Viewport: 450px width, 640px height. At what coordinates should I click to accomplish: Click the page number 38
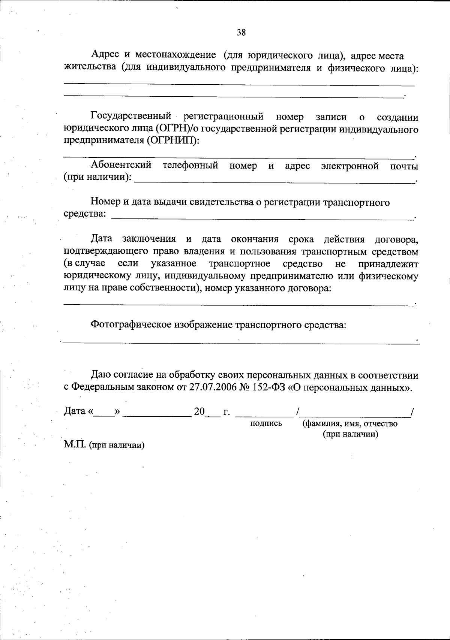241,33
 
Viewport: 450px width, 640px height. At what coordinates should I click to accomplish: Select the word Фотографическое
130,324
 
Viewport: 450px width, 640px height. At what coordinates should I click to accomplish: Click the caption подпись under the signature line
266,424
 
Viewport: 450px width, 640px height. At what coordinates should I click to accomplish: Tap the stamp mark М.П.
75,445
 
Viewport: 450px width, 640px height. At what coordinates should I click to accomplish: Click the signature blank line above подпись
266,416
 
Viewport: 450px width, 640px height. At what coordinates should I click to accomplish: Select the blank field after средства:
262,217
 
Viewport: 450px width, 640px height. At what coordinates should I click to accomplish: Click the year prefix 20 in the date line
199,412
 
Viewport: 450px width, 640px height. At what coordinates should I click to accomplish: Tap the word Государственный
131,117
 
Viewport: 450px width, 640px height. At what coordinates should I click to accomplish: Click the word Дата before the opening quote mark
75,411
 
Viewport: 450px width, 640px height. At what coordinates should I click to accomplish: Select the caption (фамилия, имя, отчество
350,424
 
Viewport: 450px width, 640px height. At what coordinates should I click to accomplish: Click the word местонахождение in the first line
175,55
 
